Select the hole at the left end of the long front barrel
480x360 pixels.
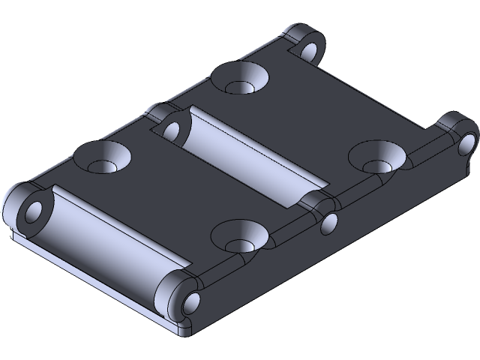click(x=34, y=211)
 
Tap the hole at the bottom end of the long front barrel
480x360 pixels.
click(x=190, y=302)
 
